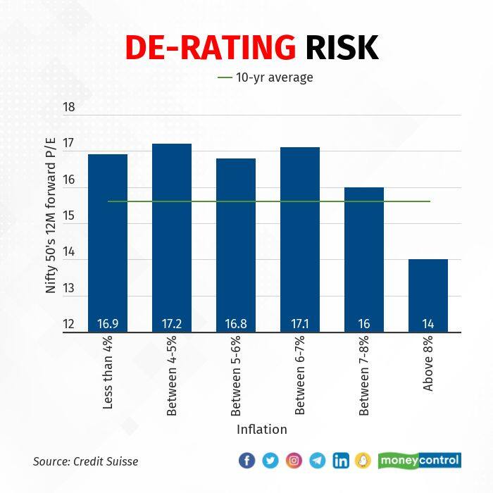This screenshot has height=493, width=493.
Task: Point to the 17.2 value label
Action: click(x=172, y=325)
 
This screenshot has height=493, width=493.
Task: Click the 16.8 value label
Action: click(x=236, y=325)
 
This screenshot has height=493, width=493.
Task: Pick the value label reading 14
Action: click(x=428, y=325)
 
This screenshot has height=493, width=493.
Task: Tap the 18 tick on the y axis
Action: click(x=69, y=108)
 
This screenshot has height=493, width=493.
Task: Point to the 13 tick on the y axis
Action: click(x=69, y=289)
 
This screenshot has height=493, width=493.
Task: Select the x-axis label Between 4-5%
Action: click(x=172, y=377)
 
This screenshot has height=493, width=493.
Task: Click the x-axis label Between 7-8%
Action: click(x=364, y=377)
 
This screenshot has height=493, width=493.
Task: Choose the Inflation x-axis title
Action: click(x=261, y=429)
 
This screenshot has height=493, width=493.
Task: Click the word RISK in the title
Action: click(x=342, y=48)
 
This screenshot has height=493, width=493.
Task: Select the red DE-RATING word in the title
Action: click(x=210, y=48)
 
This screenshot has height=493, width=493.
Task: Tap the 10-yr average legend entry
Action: click(x=266, y=77)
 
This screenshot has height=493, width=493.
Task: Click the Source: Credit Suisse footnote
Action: click(x=86, y=461)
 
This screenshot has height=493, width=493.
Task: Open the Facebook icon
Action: click(x=246, y=461)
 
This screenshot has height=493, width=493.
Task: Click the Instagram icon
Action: click(x=294, y=461)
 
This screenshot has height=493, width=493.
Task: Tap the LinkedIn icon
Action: click(x=341, y=461)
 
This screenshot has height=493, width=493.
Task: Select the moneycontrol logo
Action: click(x=419, y=461)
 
